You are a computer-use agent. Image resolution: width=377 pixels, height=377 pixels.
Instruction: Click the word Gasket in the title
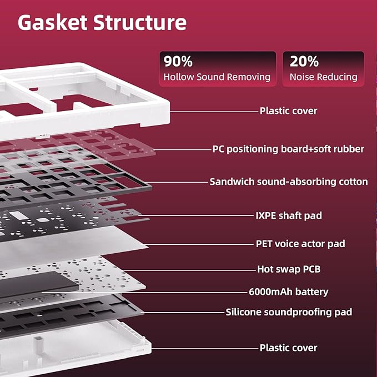click(52, 22)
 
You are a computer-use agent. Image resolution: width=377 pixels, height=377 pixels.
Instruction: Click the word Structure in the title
click(140, 22)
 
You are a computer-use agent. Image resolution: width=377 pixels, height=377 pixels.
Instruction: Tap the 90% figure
click(178, 61)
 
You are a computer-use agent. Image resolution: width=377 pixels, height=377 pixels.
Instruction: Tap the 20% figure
click(304, 61)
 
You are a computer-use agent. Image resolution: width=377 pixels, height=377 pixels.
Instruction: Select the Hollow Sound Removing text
click(217, 77)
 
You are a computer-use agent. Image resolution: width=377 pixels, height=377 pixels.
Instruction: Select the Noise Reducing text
click(323, 77)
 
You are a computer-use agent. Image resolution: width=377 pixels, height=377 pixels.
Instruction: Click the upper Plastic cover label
click(288, 111)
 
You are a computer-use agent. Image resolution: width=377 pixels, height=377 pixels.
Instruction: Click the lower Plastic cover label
click(288, 348)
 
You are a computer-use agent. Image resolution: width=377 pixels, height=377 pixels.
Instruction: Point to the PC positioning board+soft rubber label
click(288, 149)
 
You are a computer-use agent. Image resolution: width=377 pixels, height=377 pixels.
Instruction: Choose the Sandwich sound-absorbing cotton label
click(289, 182)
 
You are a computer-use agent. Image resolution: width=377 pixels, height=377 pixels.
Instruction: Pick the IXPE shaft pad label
click(289, 215)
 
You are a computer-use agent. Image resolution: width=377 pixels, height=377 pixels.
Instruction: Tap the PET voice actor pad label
click(300, 244)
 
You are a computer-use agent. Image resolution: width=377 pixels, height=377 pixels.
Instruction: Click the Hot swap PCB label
click(289, 269)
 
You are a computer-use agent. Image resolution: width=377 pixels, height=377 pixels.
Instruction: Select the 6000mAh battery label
click(288, 291)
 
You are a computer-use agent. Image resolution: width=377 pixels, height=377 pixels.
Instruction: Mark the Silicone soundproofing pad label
click(289, 312)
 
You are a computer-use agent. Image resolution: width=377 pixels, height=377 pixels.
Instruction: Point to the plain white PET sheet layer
click(72, 245)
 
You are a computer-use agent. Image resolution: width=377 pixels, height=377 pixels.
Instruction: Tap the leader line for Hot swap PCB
click(189, 270)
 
